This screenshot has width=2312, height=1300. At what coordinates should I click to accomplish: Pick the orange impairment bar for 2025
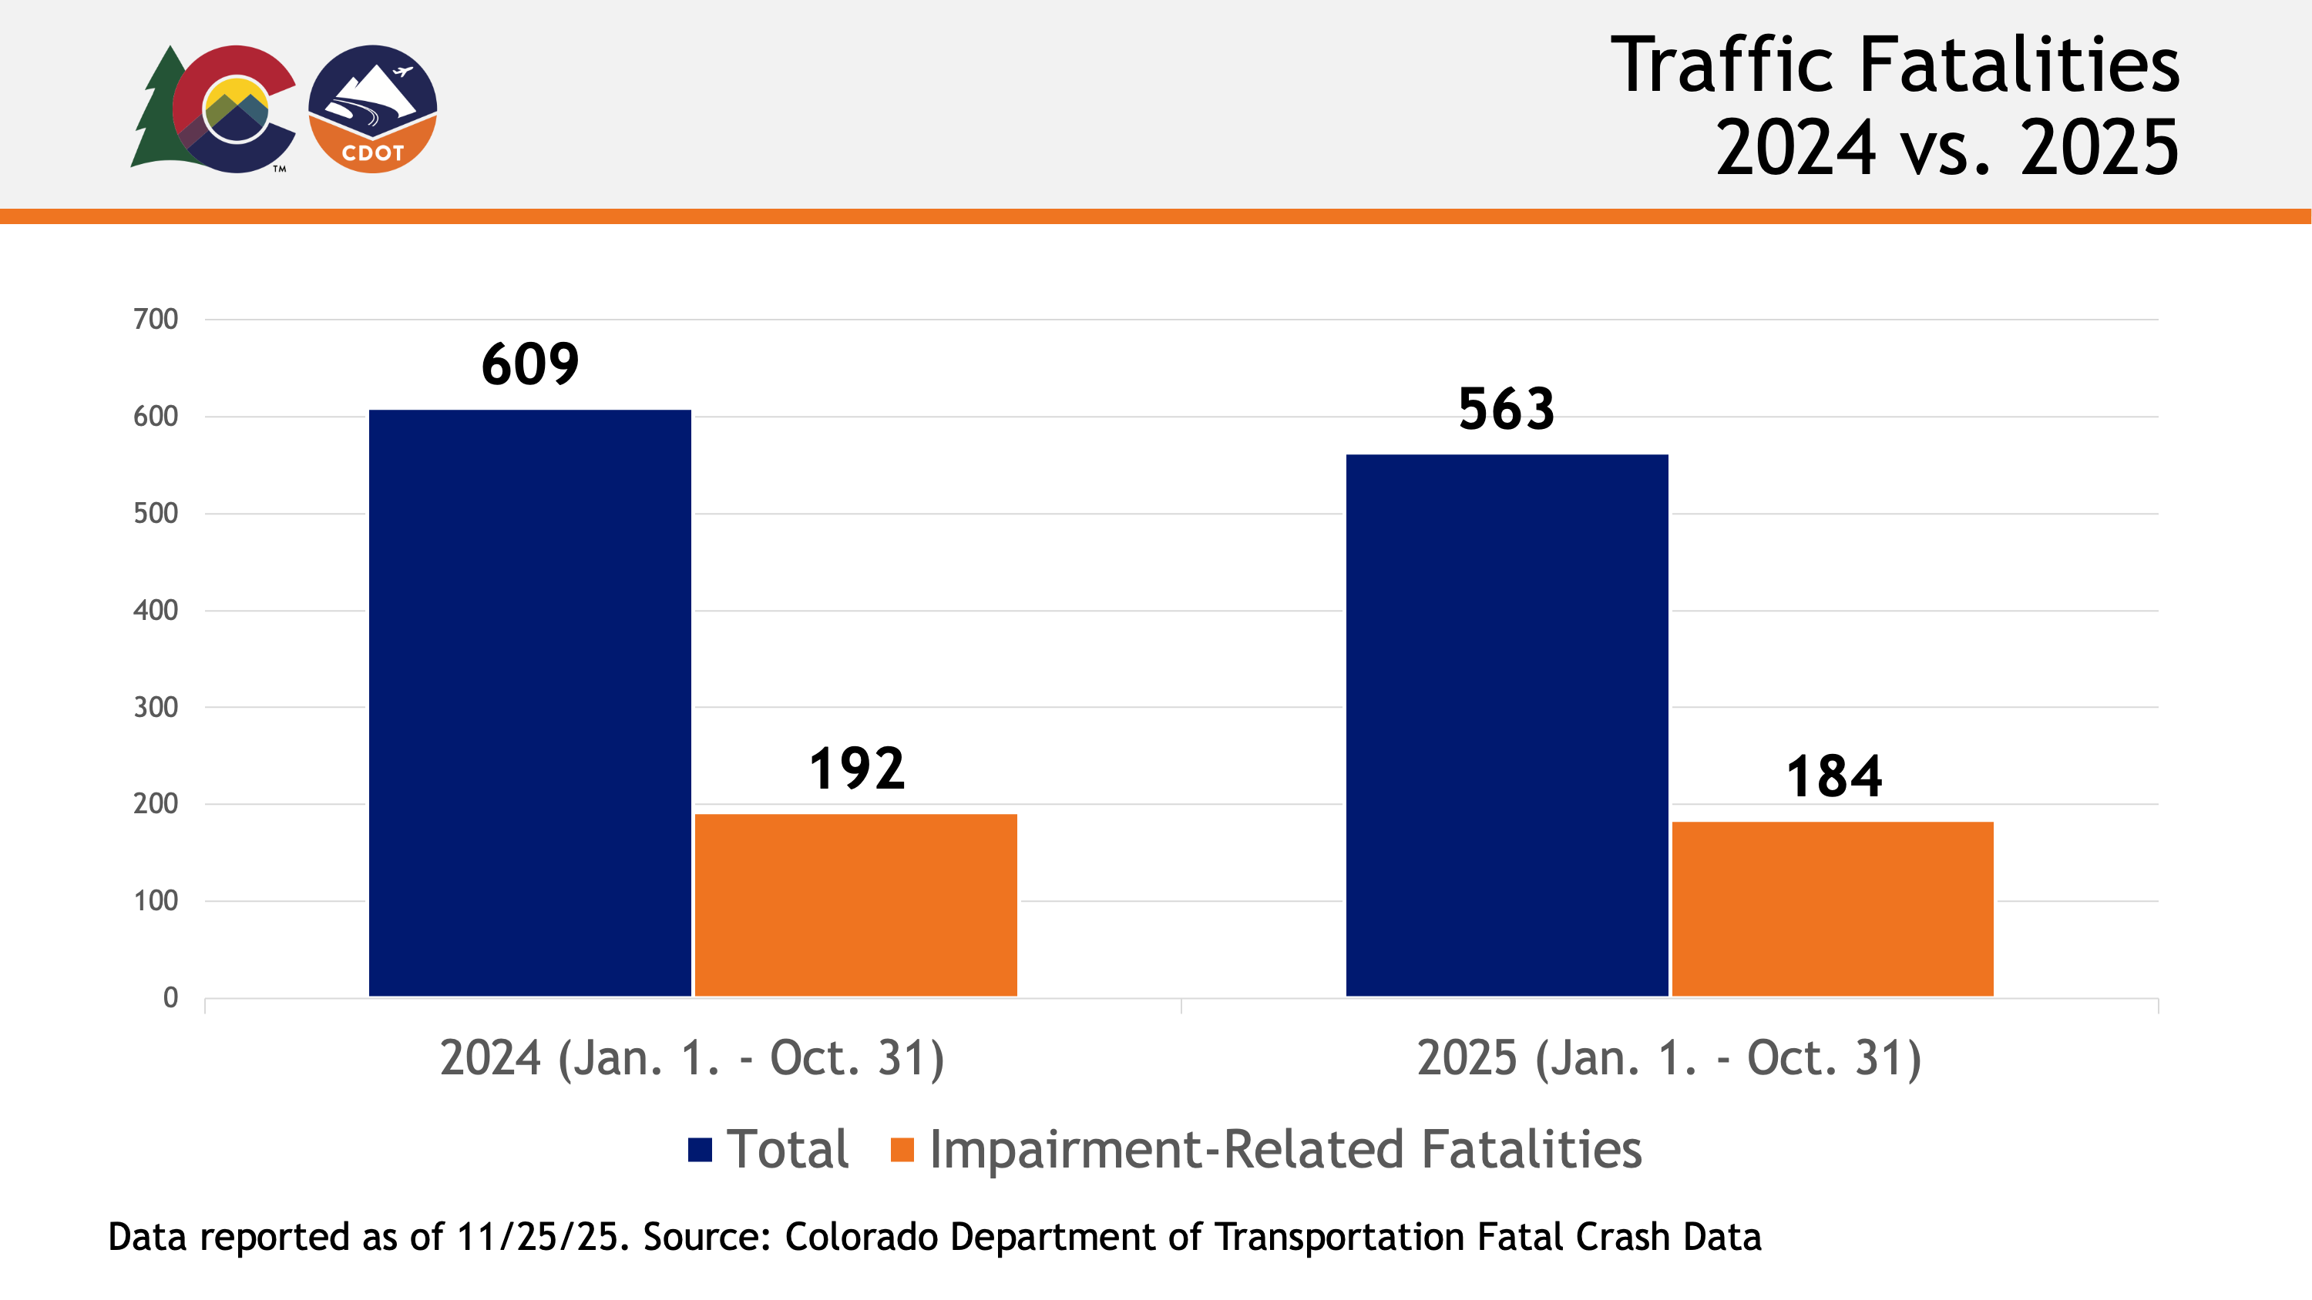tap(1832, 908)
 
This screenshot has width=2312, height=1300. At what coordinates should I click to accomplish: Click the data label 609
tap(529, 364)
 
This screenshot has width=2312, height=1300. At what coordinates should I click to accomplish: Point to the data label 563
tap(1506, 409)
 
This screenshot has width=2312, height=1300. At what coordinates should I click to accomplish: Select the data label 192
tap(856, 769)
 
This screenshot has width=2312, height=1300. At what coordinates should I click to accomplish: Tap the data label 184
tap(1833, 776)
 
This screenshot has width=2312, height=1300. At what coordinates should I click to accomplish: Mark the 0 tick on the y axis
tap(170, 997)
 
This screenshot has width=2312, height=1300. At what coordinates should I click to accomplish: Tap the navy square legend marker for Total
tap(699, 1149)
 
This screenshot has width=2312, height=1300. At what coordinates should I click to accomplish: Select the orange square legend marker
tap(901, 1149)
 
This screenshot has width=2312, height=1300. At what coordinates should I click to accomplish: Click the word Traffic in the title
tap(1721, 65)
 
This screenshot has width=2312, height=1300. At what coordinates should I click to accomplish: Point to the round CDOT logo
tap(372, 109)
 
